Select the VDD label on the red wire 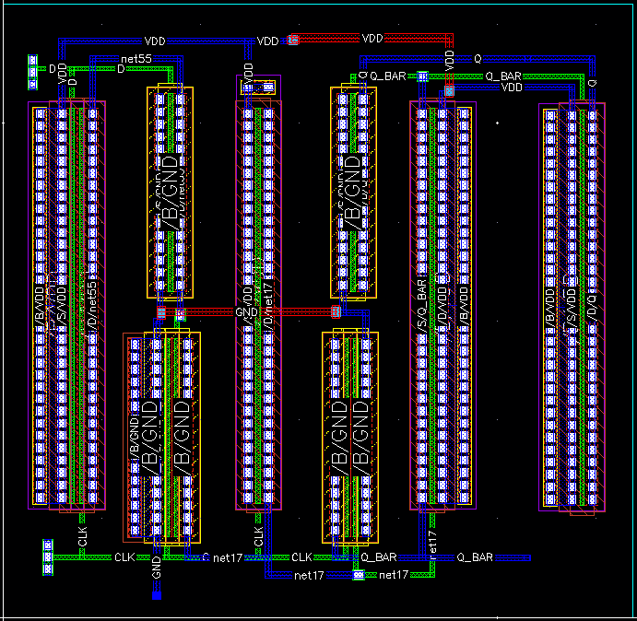(372, 39)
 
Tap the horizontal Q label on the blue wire (477, 58)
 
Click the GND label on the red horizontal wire (247, 312)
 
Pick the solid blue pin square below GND (157, 595)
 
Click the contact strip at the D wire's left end (33, 67)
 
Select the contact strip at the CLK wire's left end (47, 557)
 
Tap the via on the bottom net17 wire (358, 575)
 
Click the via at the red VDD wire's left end (293, 40)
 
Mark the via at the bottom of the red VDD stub (450, 89)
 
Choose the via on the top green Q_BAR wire (422, 76)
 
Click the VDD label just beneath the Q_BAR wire (513, 87)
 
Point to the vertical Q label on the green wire (591, 83)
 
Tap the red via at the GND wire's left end (161, 313)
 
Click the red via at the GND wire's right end (336, 311)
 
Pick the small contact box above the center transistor (257, 88)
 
